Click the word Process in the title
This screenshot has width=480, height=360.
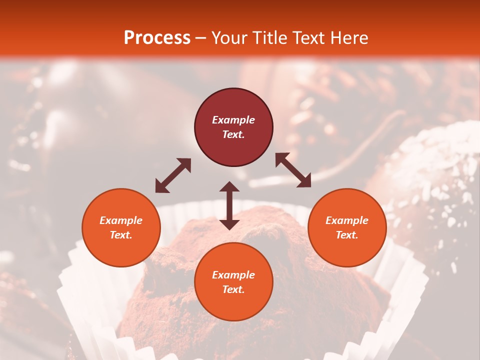pos(157,38)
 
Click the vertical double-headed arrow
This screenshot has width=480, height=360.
pos(229,205)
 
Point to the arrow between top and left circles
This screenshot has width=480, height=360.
pos(173,175)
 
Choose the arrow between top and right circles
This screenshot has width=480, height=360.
pos(293,170)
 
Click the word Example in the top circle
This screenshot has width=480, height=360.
pos(233,120)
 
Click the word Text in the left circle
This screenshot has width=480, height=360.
pos(121,235)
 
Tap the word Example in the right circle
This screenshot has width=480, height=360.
pos(347,220)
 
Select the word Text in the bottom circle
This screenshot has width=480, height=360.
pos(233,290)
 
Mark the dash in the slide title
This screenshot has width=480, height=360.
pos(201,38)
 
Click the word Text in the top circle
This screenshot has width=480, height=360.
pos(233,135)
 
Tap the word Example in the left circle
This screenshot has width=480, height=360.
pos(121,220)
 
